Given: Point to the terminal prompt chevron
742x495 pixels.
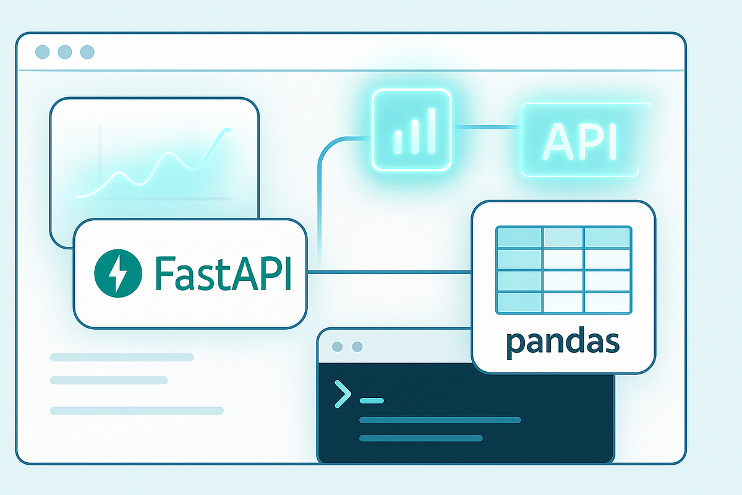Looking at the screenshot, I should point(343,394).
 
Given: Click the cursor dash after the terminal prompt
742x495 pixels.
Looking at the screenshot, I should point(372,400).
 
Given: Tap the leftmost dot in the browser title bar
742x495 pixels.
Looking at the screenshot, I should point(43,52).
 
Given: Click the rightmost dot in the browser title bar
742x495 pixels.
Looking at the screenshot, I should point(87,52).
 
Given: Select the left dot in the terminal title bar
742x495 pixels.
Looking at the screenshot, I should point(337,347).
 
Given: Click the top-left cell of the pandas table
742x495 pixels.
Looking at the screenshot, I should point(519,238).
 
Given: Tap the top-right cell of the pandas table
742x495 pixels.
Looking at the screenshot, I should point(607,238).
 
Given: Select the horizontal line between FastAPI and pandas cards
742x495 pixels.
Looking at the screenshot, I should point(390,272).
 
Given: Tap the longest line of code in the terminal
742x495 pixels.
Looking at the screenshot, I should point(440,420).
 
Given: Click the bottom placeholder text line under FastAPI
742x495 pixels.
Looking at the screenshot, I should point(137,410).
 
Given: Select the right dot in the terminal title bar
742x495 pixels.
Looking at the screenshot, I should point(356,347).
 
